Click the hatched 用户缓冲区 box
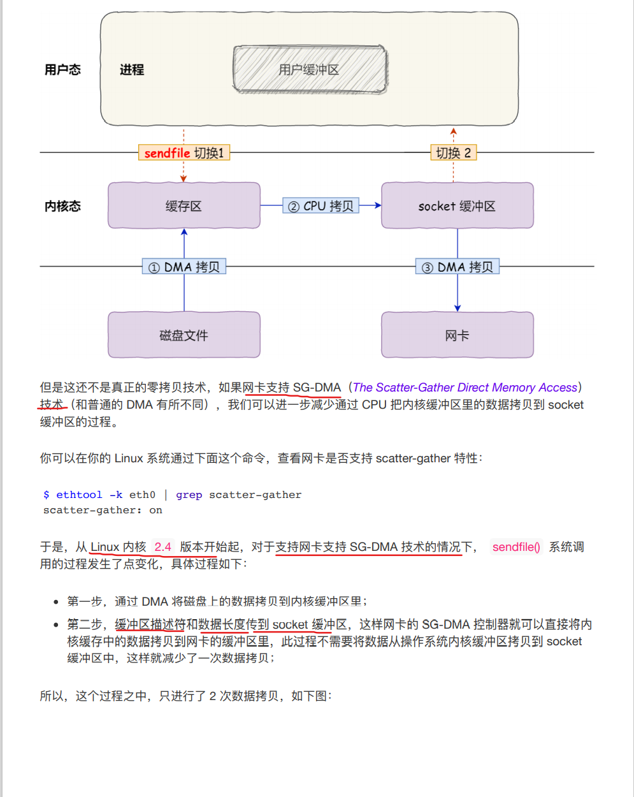click(310, 69)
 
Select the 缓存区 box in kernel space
click(184, 206)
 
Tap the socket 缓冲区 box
click(457, 206)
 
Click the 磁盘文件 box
click(184, 335)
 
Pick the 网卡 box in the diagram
click(457, 335)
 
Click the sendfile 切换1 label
click(184, 153)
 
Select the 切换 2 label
click(453, 153)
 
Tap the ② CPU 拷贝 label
click(321, 206)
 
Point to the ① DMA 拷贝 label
click(184, 267)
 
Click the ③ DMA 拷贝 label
click(457, 267)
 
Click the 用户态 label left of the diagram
click(62, 70)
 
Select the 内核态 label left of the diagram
click(62, 206)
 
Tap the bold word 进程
click(132, 70)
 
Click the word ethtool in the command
click(79, 495)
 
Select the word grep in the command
click(189, 495)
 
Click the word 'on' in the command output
click(155, 510)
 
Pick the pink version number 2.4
click(162, 547)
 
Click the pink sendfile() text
click(516, 547)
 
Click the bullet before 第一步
click(57, 602)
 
